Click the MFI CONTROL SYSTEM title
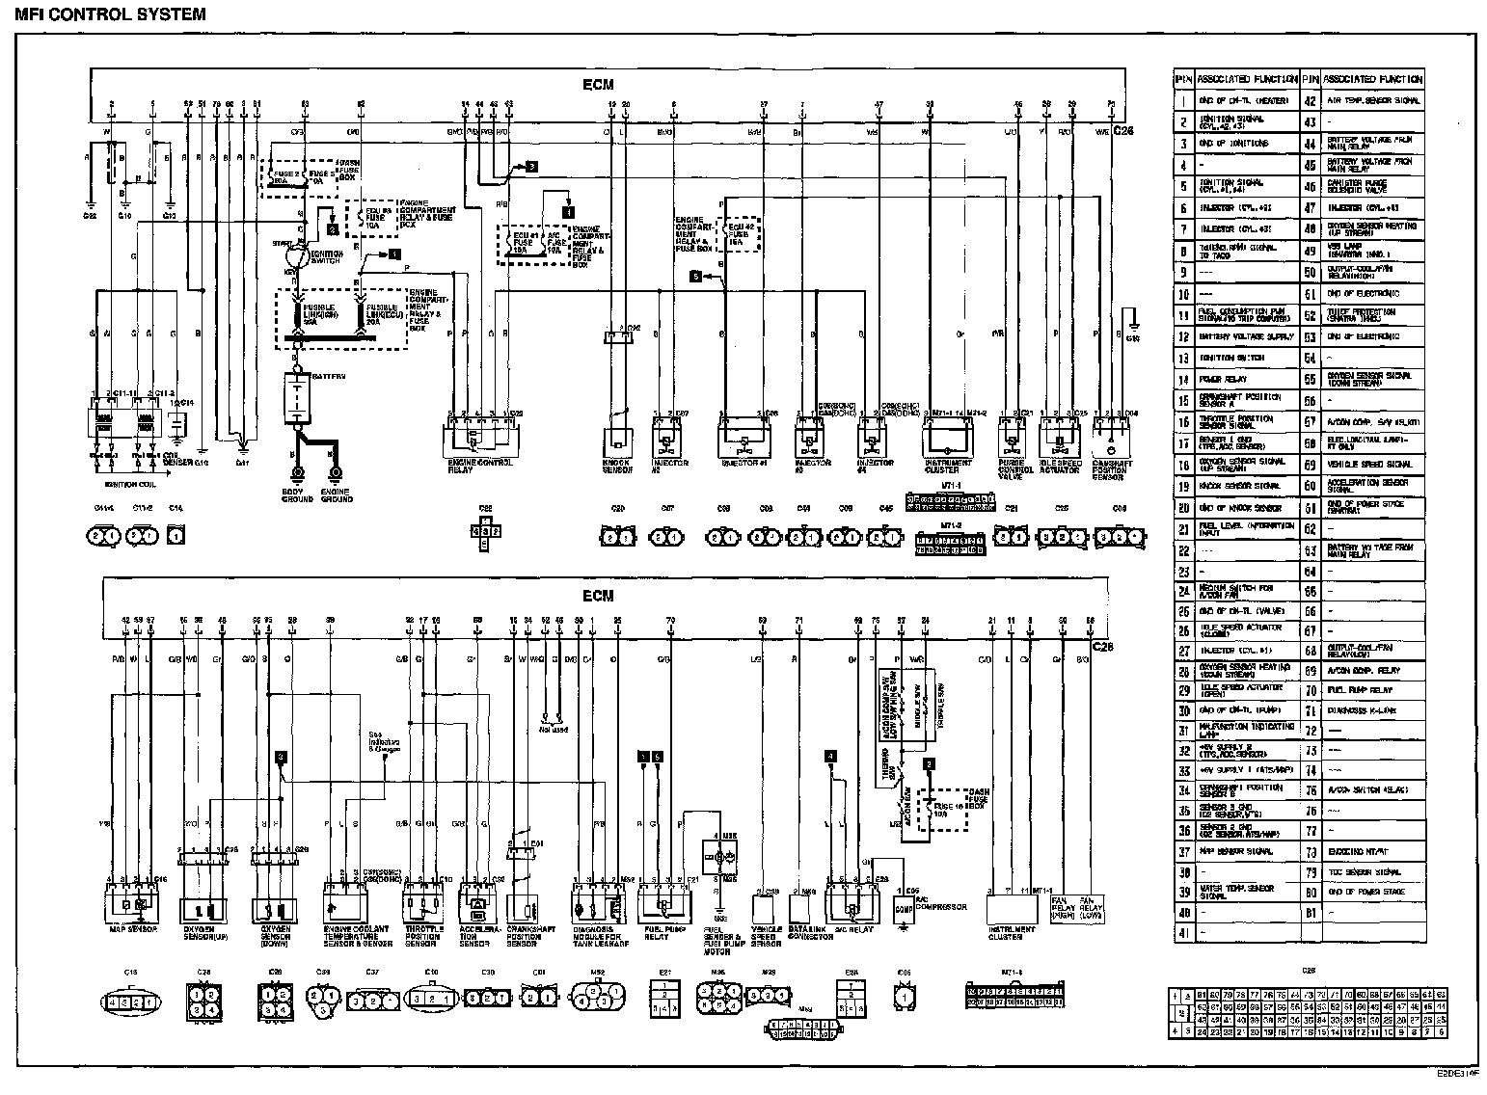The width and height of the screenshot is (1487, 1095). [111, 13]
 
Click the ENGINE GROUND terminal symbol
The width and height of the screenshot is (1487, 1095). [336, 473]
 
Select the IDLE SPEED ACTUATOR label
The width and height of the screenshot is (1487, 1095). [1061, 466]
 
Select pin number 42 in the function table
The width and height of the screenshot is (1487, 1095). [1310, 100]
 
